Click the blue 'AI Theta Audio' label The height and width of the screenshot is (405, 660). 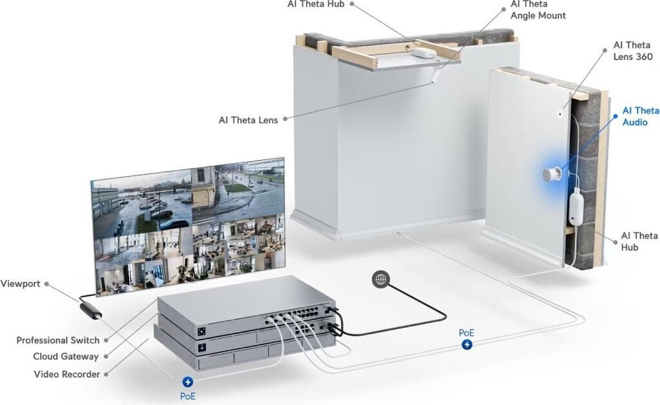click(640, 116)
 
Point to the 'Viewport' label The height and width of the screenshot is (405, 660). click(20, 284)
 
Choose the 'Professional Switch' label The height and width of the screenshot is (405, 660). click(58, 340)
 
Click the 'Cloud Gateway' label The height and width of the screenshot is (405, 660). click(66, 357)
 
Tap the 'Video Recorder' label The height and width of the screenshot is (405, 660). click(67, 374)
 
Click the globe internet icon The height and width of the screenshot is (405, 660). click(381, 279)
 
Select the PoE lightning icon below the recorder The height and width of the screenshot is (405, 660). click(188, 382)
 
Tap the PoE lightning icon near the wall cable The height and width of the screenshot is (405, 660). click(467, 345)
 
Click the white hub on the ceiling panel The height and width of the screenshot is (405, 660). click(423, 53)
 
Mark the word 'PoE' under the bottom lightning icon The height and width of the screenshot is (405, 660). click(188, 396)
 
